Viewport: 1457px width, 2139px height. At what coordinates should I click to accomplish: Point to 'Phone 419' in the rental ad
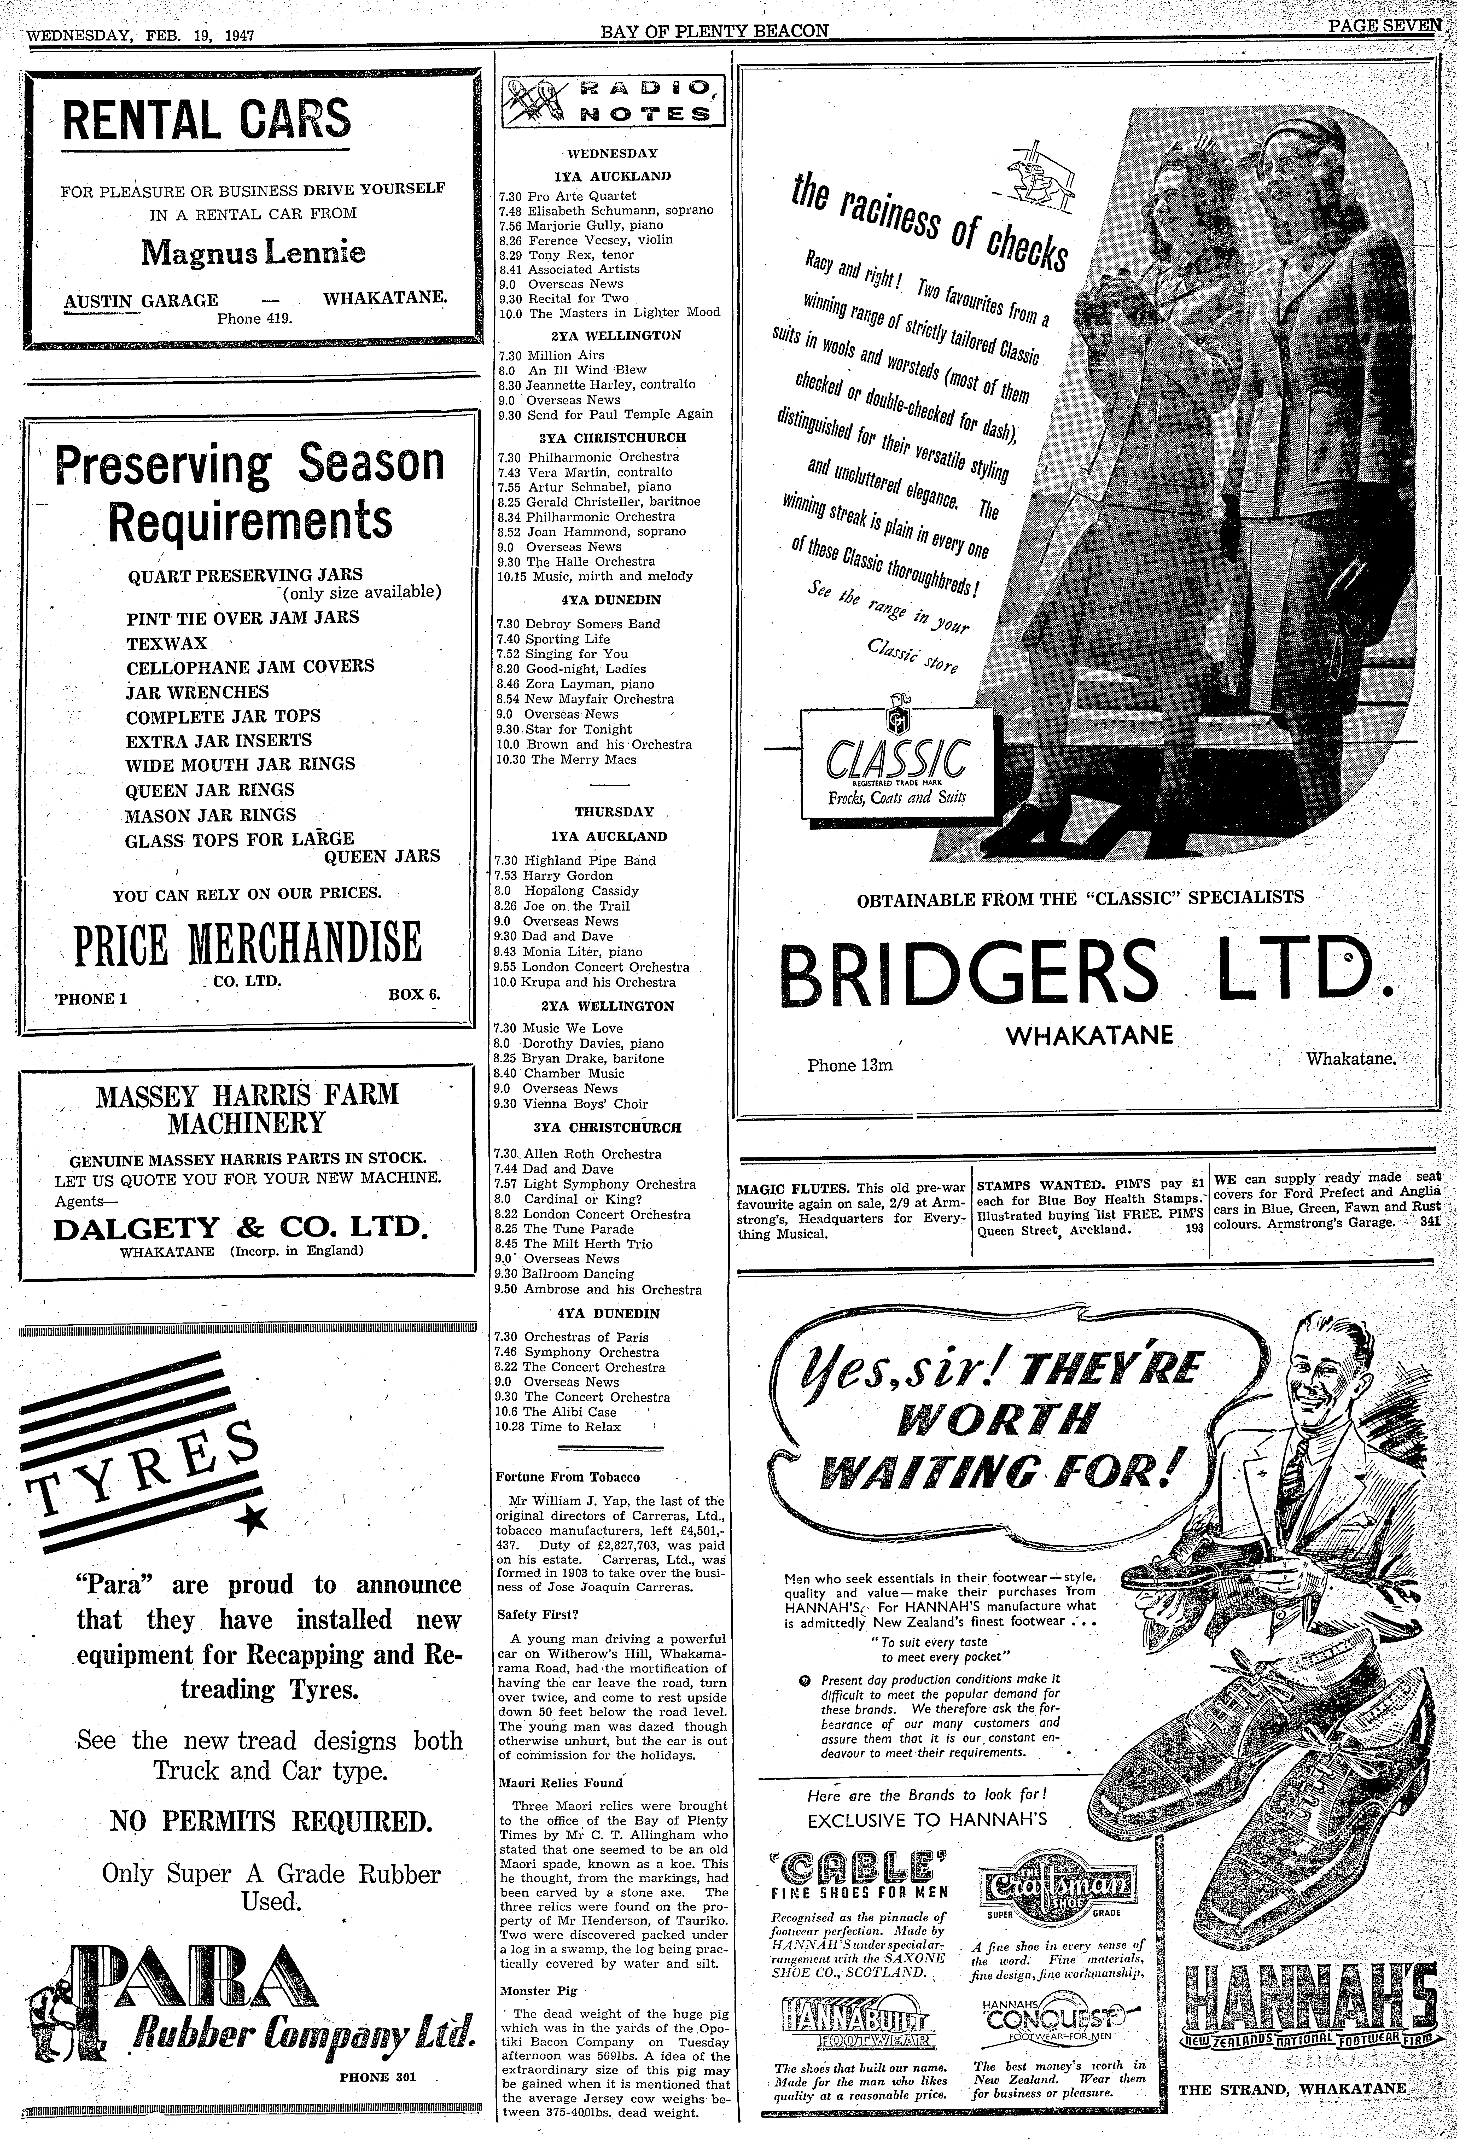coord(254,319)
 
